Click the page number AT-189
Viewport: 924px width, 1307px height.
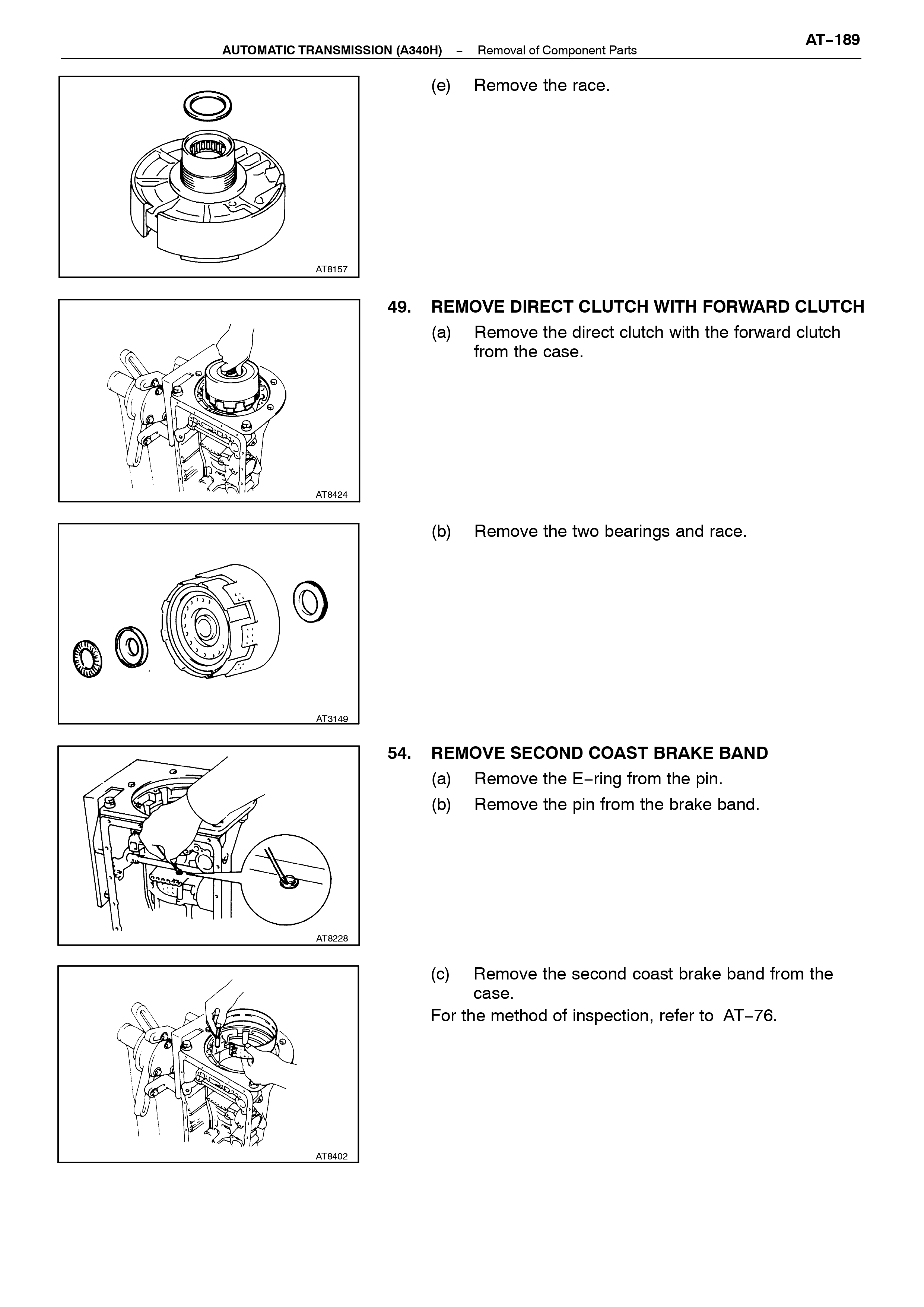coord(832,40)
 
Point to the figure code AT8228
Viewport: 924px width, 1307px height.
coord(332,938)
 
